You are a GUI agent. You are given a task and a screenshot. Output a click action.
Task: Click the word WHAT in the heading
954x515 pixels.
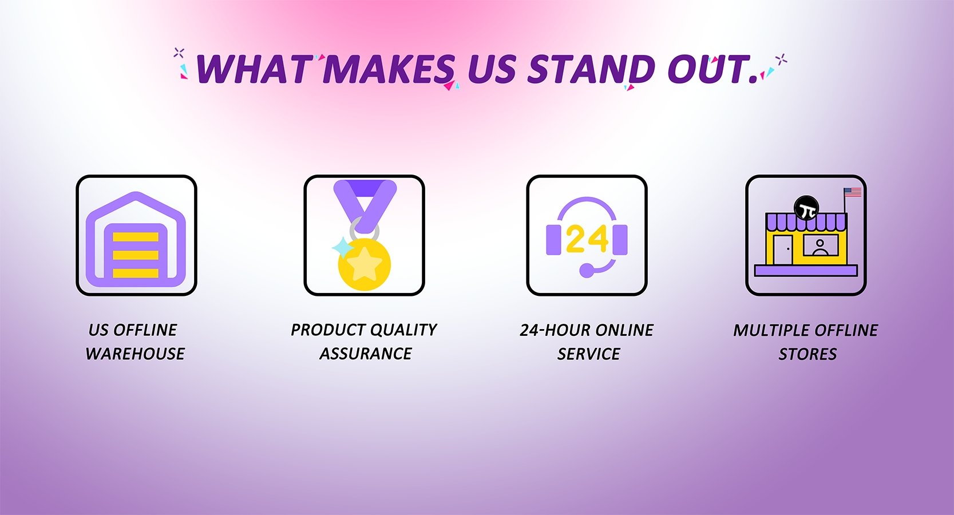point(253,69)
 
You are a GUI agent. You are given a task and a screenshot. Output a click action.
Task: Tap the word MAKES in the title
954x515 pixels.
point(389,69)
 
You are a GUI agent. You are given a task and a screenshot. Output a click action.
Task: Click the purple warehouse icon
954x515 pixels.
point(136,239)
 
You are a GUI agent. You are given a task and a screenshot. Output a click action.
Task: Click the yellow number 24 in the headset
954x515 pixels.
point(587,239)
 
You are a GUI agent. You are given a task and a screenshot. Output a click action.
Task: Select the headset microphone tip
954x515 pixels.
point(587,270)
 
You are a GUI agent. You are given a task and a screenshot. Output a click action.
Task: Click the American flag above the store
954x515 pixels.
point(853,192)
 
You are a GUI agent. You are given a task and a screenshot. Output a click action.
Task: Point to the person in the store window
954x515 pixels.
point(820,247)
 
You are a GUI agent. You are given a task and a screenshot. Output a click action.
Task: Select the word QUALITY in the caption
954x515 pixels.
point(403,330)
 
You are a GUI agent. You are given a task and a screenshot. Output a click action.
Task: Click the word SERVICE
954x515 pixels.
point(588,354)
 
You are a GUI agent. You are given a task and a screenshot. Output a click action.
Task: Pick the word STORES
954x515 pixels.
point(807,354)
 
